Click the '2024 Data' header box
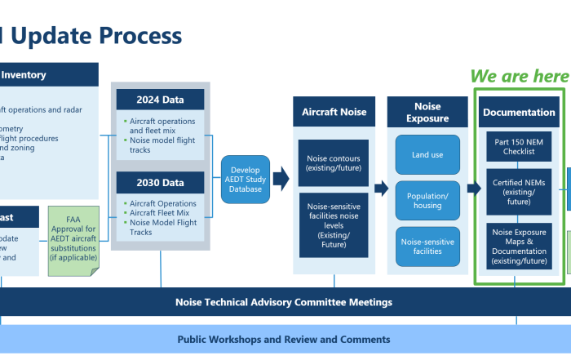(162, 100)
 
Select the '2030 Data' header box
(162, 182)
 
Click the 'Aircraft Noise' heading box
(334, 111)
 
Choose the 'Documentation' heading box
(520, 111)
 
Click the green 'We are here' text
(519, 76)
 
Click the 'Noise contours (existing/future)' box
(334, 162)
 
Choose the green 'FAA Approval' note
(74, 240)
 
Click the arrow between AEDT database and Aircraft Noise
(281, 178)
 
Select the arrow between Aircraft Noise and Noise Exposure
(381, 189)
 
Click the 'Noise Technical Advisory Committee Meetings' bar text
(284, 302)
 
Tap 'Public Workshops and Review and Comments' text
(284, 339)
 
